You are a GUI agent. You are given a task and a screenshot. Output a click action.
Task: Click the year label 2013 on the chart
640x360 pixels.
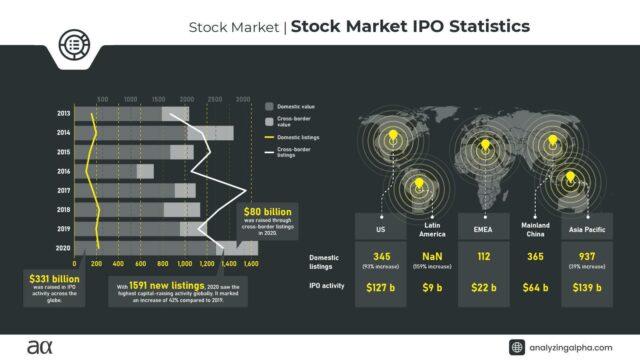click(62, 114)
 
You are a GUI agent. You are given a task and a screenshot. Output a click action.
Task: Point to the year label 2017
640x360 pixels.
click(62, 190)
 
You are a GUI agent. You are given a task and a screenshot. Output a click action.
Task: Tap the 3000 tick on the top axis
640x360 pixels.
click(243, 100)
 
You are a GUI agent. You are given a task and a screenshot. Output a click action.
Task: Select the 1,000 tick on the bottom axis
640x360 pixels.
click(184, 263)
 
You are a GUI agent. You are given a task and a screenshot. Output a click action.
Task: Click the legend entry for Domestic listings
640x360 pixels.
click(300, 136)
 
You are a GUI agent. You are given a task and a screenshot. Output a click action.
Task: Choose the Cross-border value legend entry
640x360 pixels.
click(300, 119)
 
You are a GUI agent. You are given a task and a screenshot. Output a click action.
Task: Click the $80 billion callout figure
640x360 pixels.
click(269, 212)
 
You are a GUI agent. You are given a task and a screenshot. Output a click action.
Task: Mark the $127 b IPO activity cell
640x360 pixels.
click(381, 288)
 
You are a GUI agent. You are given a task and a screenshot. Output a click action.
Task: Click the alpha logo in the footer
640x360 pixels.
click(35, 345)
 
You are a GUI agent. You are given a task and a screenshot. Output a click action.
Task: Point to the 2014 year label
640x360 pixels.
click(62, 133)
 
